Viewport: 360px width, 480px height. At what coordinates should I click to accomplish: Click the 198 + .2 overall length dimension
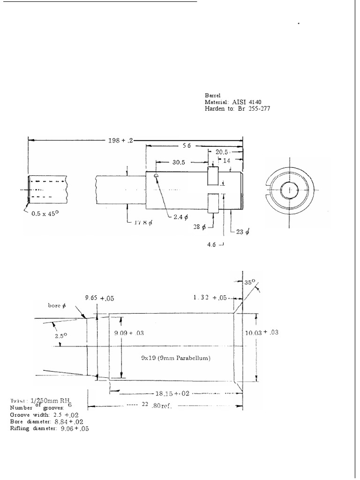coord(120,140)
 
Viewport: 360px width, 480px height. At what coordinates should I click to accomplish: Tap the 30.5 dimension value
coord(179,162)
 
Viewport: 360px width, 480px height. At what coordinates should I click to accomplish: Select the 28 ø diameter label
coord(200,227)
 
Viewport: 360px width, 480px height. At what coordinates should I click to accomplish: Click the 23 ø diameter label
coord(241,231)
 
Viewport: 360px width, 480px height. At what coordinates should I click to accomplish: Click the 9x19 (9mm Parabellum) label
coord(176,358)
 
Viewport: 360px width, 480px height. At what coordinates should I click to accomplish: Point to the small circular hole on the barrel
coord(155,175)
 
